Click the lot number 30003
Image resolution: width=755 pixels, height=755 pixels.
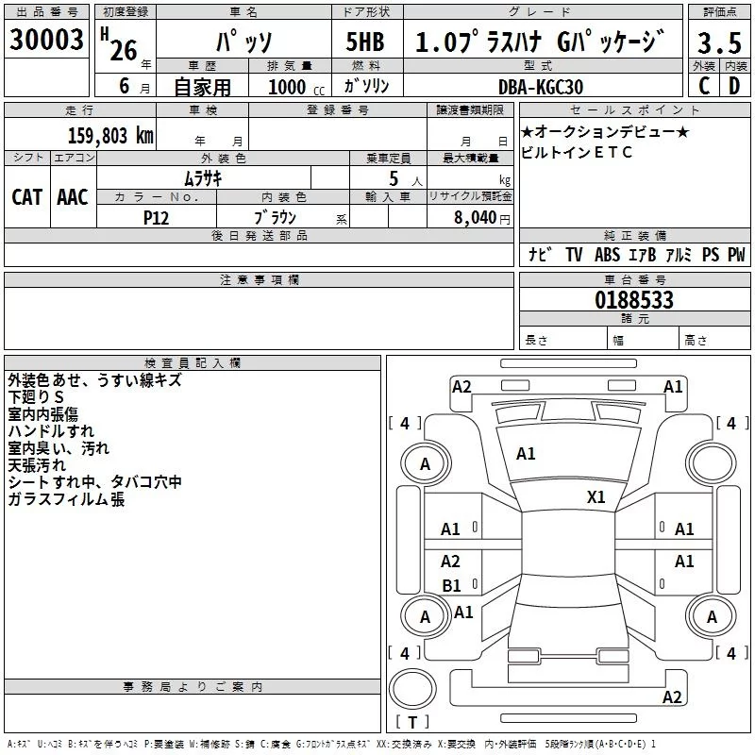[x=46, y=41]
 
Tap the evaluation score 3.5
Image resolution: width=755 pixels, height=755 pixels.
[x=718, y=42]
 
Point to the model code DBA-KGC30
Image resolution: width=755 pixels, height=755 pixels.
[x=541, y=87]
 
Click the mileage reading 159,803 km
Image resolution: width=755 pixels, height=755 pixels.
[x=110, y=135]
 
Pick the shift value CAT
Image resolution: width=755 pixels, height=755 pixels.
[x=26, y=196]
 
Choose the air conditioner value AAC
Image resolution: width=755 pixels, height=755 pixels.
[x=72, y=196]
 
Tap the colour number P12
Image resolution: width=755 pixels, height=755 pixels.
[x=157, y=217]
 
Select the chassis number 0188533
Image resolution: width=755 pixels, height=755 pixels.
[x=634, y=300]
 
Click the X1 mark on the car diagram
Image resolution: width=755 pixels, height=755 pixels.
[x=596, y=497]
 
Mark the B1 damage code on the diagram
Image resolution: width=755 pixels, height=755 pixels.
[x=451, y=586]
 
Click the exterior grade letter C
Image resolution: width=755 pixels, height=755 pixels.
[x=703, y=86]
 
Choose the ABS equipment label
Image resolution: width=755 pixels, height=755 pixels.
[x=607, y=255]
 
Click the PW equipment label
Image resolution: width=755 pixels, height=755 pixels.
[x=735, y=255]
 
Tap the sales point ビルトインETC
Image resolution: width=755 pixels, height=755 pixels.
[x=577, y=152]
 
